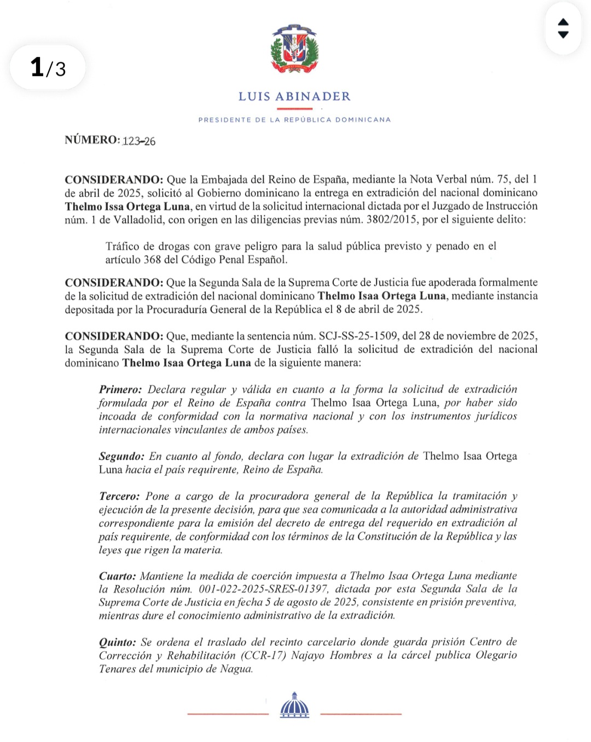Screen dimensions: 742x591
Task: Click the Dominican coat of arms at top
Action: point(294,49)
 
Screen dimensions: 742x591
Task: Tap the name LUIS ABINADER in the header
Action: point(294,97)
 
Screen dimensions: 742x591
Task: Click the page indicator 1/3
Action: point(48,68)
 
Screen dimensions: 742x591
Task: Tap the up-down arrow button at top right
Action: point(563,28)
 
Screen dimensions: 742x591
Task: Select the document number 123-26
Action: point(139,141)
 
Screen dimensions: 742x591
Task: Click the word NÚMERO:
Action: point(92,140)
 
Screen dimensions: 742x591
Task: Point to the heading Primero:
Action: point(120,389)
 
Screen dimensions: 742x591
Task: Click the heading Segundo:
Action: point(121,456)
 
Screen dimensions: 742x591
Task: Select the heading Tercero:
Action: point(119,496)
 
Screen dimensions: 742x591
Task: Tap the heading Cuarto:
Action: point(117,576)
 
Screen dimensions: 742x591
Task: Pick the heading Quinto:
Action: point(117,642)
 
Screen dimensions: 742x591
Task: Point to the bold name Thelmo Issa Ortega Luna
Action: point(128,207)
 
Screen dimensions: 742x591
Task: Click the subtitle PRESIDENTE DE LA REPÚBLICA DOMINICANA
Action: point(294,120)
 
